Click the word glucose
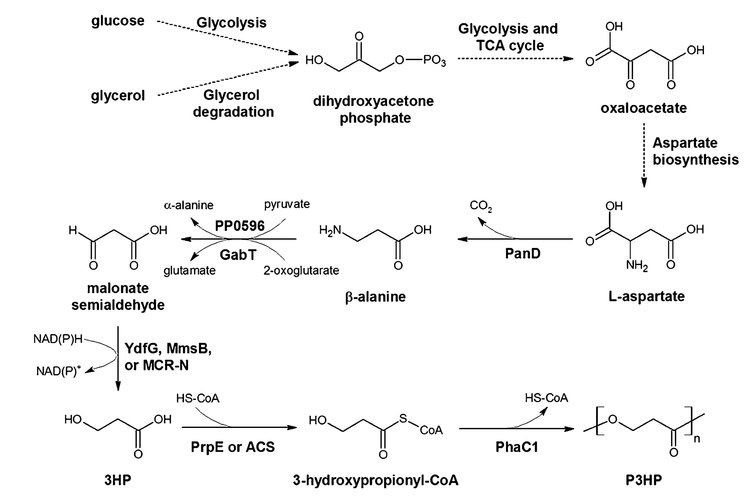tap(118, 21)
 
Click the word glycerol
tap(118, 95)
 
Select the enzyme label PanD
tap(523, 253)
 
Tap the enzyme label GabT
tap(238, 255)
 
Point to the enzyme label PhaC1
tap(516, 447)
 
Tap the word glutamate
tap(189, 271)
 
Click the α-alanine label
tap(189, 205)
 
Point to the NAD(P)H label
tap(58, 339)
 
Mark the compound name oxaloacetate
tap(643, 108)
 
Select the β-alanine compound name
tap(375, 297)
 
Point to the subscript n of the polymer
tap(697, 439)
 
